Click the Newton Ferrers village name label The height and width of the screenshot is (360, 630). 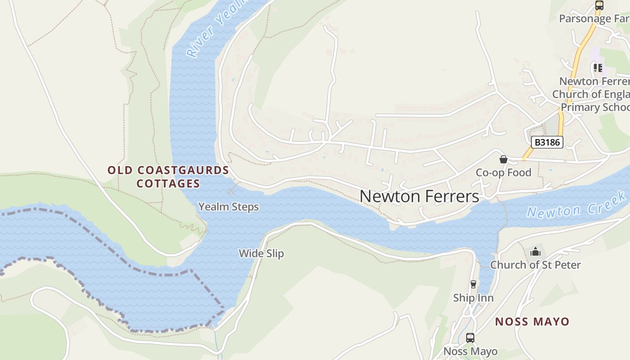click(419, 197)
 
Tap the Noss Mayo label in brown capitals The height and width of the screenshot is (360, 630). click(532, 322)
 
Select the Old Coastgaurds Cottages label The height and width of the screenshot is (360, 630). click(168, 177)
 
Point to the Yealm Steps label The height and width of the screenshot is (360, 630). click(229, 207)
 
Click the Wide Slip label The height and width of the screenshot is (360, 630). click(261, 253)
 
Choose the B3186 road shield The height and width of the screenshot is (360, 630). click(547, 143)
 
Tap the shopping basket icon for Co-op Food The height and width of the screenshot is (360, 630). click(504, 159)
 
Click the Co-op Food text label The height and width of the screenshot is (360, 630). click(504, 173)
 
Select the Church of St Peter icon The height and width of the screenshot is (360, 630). click(535, 252)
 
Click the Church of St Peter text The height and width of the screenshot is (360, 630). click(535, 265)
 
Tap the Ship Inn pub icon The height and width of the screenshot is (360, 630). click(473, 284)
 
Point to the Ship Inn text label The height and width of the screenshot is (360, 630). click(473, 298)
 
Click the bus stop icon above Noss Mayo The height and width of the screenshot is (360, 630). click(470, 337)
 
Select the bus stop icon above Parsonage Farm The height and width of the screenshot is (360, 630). click(599, 5)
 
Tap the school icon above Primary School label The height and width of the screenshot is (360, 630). click(598, 68)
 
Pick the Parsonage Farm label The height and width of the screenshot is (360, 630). click(594, 18)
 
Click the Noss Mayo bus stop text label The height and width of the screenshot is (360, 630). click(470, 351)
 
